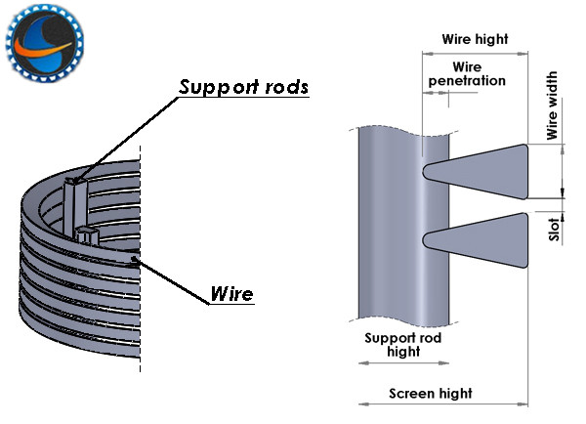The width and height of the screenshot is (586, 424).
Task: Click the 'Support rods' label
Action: (x=244, y=87)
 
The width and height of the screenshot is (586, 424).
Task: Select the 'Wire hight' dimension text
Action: (x=475, y=40)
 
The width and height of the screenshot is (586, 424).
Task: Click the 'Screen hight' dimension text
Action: (x=431, y=394)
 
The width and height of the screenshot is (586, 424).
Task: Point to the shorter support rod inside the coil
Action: (x=88, y=234)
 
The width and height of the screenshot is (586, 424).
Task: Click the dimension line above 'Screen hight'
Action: (x=444, y=403)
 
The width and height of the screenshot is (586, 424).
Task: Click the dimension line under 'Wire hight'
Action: (x=475, y=52)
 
